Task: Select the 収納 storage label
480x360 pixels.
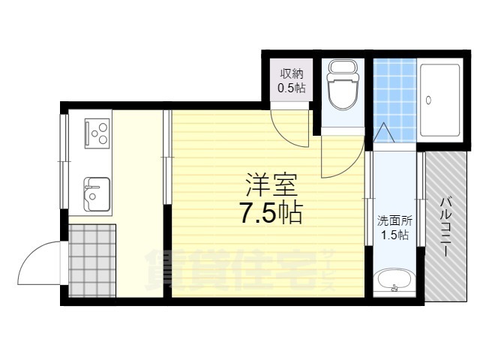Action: click(292, 73)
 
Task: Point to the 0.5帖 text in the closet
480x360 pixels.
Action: click(292, 88)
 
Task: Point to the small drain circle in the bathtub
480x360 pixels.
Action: click(429, 99)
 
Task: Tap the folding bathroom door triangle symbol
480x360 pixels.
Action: click(384, 133)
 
